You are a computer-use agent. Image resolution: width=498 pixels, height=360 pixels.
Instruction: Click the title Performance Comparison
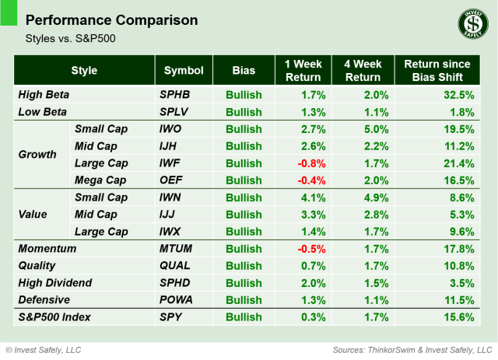[111, 19]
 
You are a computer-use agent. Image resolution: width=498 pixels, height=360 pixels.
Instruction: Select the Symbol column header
[184, 70]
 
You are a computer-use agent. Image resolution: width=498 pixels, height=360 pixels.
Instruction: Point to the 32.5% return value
[458, 95]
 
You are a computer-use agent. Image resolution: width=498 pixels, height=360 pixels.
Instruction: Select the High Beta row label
[44, 95]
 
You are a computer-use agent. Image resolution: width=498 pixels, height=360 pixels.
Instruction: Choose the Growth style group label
[37, 154]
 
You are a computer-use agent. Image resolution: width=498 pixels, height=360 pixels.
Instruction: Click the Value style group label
[33, 215]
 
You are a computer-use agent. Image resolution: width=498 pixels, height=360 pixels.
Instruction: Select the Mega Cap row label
[100, 180]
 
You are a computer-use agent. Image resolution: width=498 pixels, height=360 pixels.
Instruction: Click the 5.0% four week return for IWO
[370, 129]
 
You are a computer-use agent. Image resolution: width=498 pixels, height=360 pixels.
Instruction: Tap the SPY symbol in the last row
[170, 317]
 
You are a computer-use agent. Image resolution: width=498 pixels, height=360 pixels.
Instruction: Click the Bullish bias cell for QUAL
[244, 266]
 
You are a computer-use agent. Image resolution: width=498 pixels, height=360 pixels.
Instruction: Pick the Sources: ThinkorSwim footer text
[412, 350]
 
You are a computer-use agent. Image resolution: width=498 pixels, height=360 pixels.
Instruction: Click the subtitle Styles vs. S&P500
[68, 37]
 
